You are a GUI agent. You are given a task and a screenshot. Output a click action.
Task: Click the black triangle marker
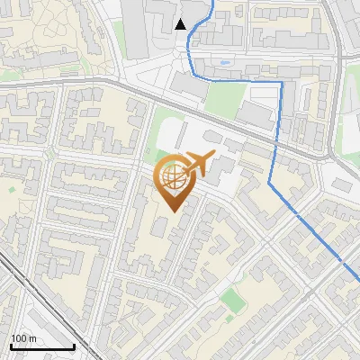click(x=181, y=24)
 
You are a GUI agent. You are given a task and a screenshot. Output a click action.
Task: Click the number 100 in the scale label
click(x=18, y=338)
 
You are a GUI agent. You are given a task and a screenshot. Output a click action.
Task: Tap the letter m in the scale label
click(x=32, y=338)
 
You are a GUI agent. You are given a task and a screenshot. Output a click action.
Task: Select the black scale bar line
click(x=42, y=346)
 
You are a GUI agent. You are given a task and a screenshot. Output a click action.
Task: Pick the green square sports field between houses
click(x=232, y=298)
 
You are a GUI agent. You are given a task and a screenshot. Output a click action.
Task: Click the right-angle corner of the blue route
click(x=282, y=82)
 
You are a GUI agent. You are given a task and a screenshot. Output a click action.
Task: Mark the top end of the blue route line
click(x=212, y=3)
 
